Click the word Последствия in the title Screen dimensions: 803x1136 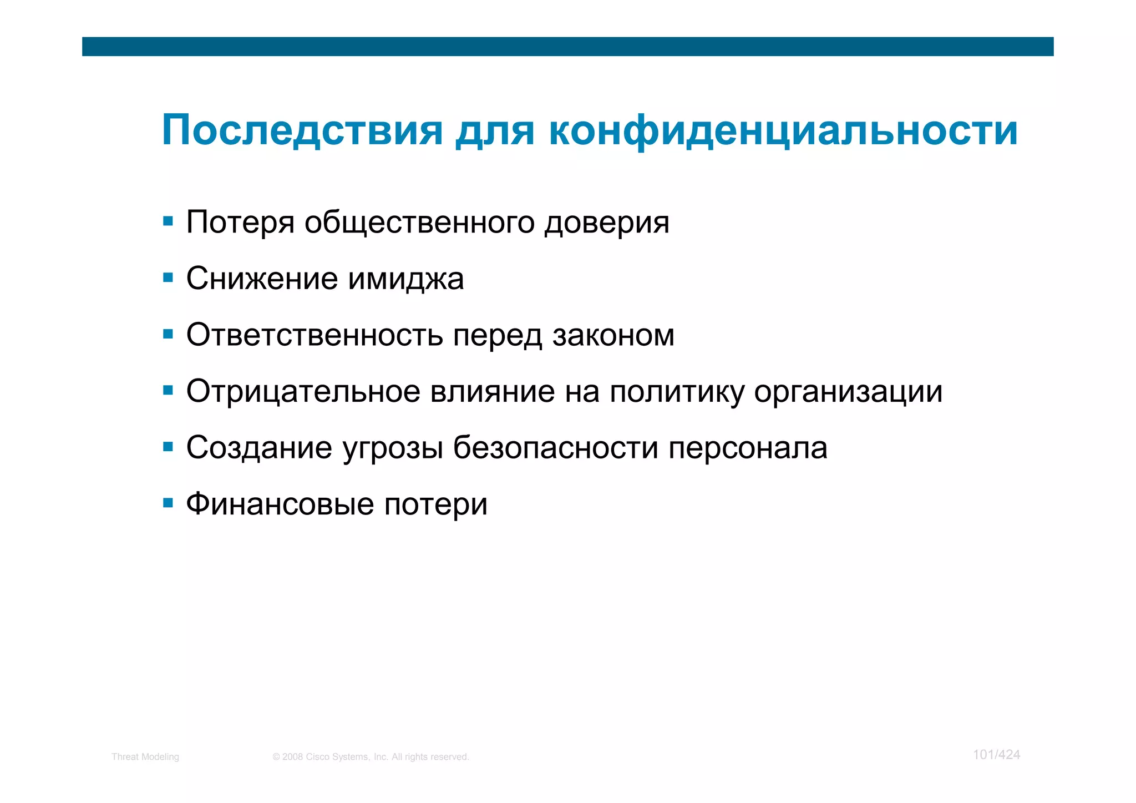pyautogui.click(x=302, y=131)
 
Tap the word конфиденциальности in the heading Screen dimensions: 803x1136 pyautogui.click(x=783, y=131)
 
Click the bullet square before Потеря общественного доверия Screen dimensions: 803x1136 pyautogui.click(x=168, y=222)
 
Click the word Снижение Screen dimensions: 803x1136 pyautogui.click(x=262, y=279)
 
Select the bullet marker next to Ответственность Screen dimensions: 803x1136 pyautogui.click(x=168, y=335)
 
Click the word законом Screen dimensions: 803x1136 pyautogui.click(x=613, y=335)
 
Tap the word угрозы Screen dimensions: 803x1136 pyautogui.click(x=393, y=449)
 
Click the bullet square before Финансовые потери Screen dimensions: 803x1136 pyautogui.click(x=168, y=503)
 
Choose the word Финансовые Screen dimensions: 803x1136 pyautogui.click(x=280, y=504)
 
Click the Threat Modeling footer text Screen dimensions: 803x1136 pyautogui.click(x=145, y=757)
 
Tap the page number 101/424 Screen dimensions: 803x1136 pyautogui.click(x=996, y=755)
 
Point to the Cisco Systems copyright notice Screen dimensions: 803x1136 pyautogui.click(x=371, y=757)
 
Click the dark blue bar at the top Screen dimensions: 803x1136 pyautogui.click(x=567, y=47)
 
